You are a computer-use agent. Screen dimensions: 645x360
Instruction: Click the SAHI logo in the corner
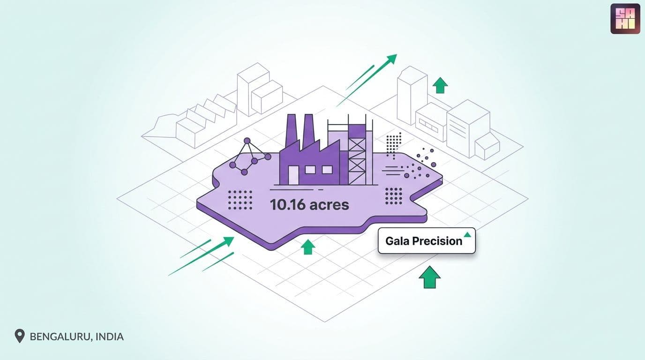coord(625,19)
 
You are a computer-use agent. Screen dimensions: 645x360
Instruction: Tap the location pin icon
coord(20,336)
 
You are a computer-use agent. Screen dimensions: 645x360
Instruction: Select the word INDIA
coord(109,337)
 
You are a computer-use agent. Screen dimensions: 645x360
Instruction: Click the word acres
coord(330,205)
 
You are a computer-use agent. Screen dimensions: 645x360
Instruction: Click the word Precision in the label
coord(437,241)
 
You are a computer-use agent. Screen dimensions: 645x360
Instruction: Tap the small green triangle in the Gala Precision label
coord(467,234)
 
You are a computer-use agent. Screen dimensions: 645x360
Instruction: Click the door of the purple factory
coord(293,175)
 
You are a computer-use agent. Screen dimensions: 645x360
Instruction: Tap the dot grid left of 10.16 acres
coord(240,200)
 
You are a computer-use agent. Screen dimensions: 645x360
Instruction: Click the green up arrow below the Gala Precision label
coord(430,277)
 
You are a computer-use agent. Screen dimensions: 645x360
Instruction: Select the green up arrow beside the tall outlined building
coord(440,85)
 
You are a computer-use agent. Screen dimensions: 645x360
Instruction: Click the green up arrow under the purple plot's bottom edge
coord(308,247)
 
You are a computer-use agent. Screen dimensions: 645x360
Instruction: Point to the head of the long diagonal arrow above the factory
coord(391,59)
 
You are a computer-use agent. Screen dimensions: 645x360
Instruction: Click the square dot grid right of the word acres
coord(394,196)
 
